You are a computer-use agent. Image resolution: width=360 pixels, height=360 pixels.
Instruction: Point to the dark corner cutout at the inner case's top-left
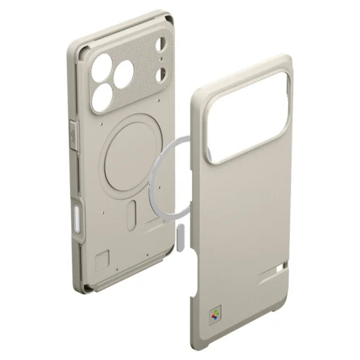pyautogui.click(x=84, y=47)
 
